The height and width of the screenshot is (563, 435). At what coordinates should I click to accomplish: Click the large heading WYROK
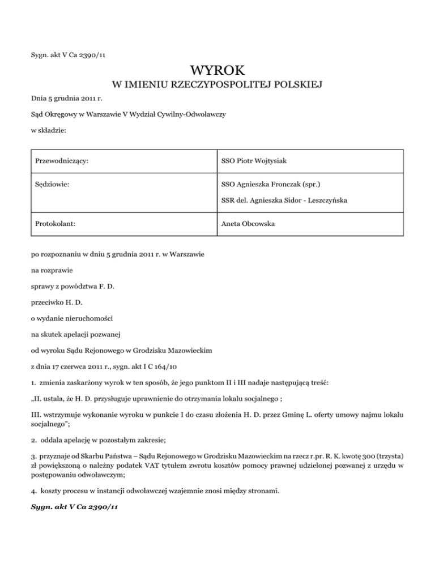tap(217, 71)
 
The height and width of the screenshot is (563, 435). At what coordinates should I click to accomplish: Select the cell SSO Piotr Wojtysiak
tap(253, 161)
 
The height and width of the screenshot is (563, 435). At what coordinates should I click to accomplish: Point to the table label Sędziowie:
tap(54, 183)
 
